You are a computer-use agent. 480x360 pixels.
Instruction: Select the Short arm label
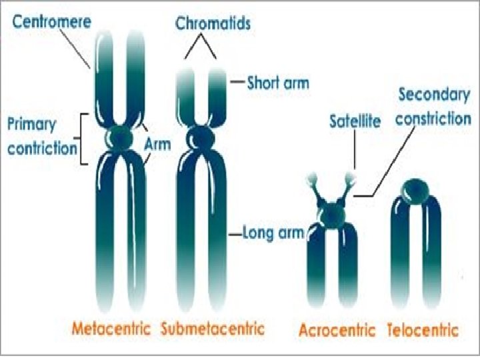coord(278,83)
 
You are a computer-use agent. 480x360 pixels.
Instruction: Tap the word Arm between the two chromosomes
coord(157,143)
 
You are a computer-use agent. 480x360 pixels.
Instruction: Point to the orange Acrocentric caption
coord(338,330)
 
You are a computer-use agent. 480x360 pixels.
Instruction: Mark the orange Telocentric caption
coord(423,330)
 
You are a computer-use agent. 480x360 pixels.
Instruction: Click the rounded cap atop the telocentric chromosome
coord(416,188)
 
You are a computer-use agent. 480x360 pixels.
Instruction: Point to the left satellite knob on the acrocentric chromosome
coord(311,179)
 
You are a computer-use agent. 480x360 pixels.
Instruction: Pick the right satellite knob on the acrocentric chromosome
coord(351,177)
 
